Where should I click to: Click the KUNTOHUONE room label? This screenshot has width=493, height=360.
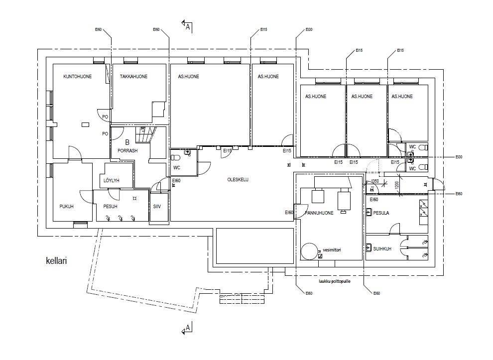coord(77,77)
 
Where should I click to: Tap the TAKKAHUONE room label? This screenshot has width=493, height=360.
coord(134,77)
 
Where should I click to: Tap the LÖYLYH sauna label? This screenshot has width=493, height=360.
coord(112,180)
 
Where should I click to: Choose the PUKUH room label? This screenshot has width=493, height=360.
coord(66,206)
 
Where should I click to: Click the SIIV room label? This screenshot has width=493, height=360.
coord(157,206)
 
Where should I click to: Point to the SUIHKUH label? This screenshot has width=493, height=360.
coord(382,247)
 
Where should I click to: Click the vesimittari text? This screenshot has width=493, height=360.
coord(331,250)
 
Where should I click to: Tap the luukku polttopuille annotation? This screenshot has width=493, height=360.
coord(335,281)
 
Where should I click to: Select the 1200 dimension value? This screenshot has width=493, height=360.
coord(397,185)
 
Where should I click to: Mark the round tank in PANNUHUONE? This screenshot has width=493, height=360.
coord(309,251)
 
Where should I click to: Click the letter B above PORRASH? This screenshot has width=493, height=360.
coord(127,142)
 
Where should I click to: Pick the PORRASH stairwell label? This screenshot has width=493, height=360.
coord(127,150)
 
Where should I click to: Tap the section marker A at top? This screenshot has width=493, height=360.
coord(188,27)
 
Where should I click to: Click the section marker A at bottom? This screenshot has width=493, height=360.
coord(188,328)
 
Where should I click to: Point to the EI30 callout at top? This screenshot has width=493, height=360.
coord(309,30)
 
